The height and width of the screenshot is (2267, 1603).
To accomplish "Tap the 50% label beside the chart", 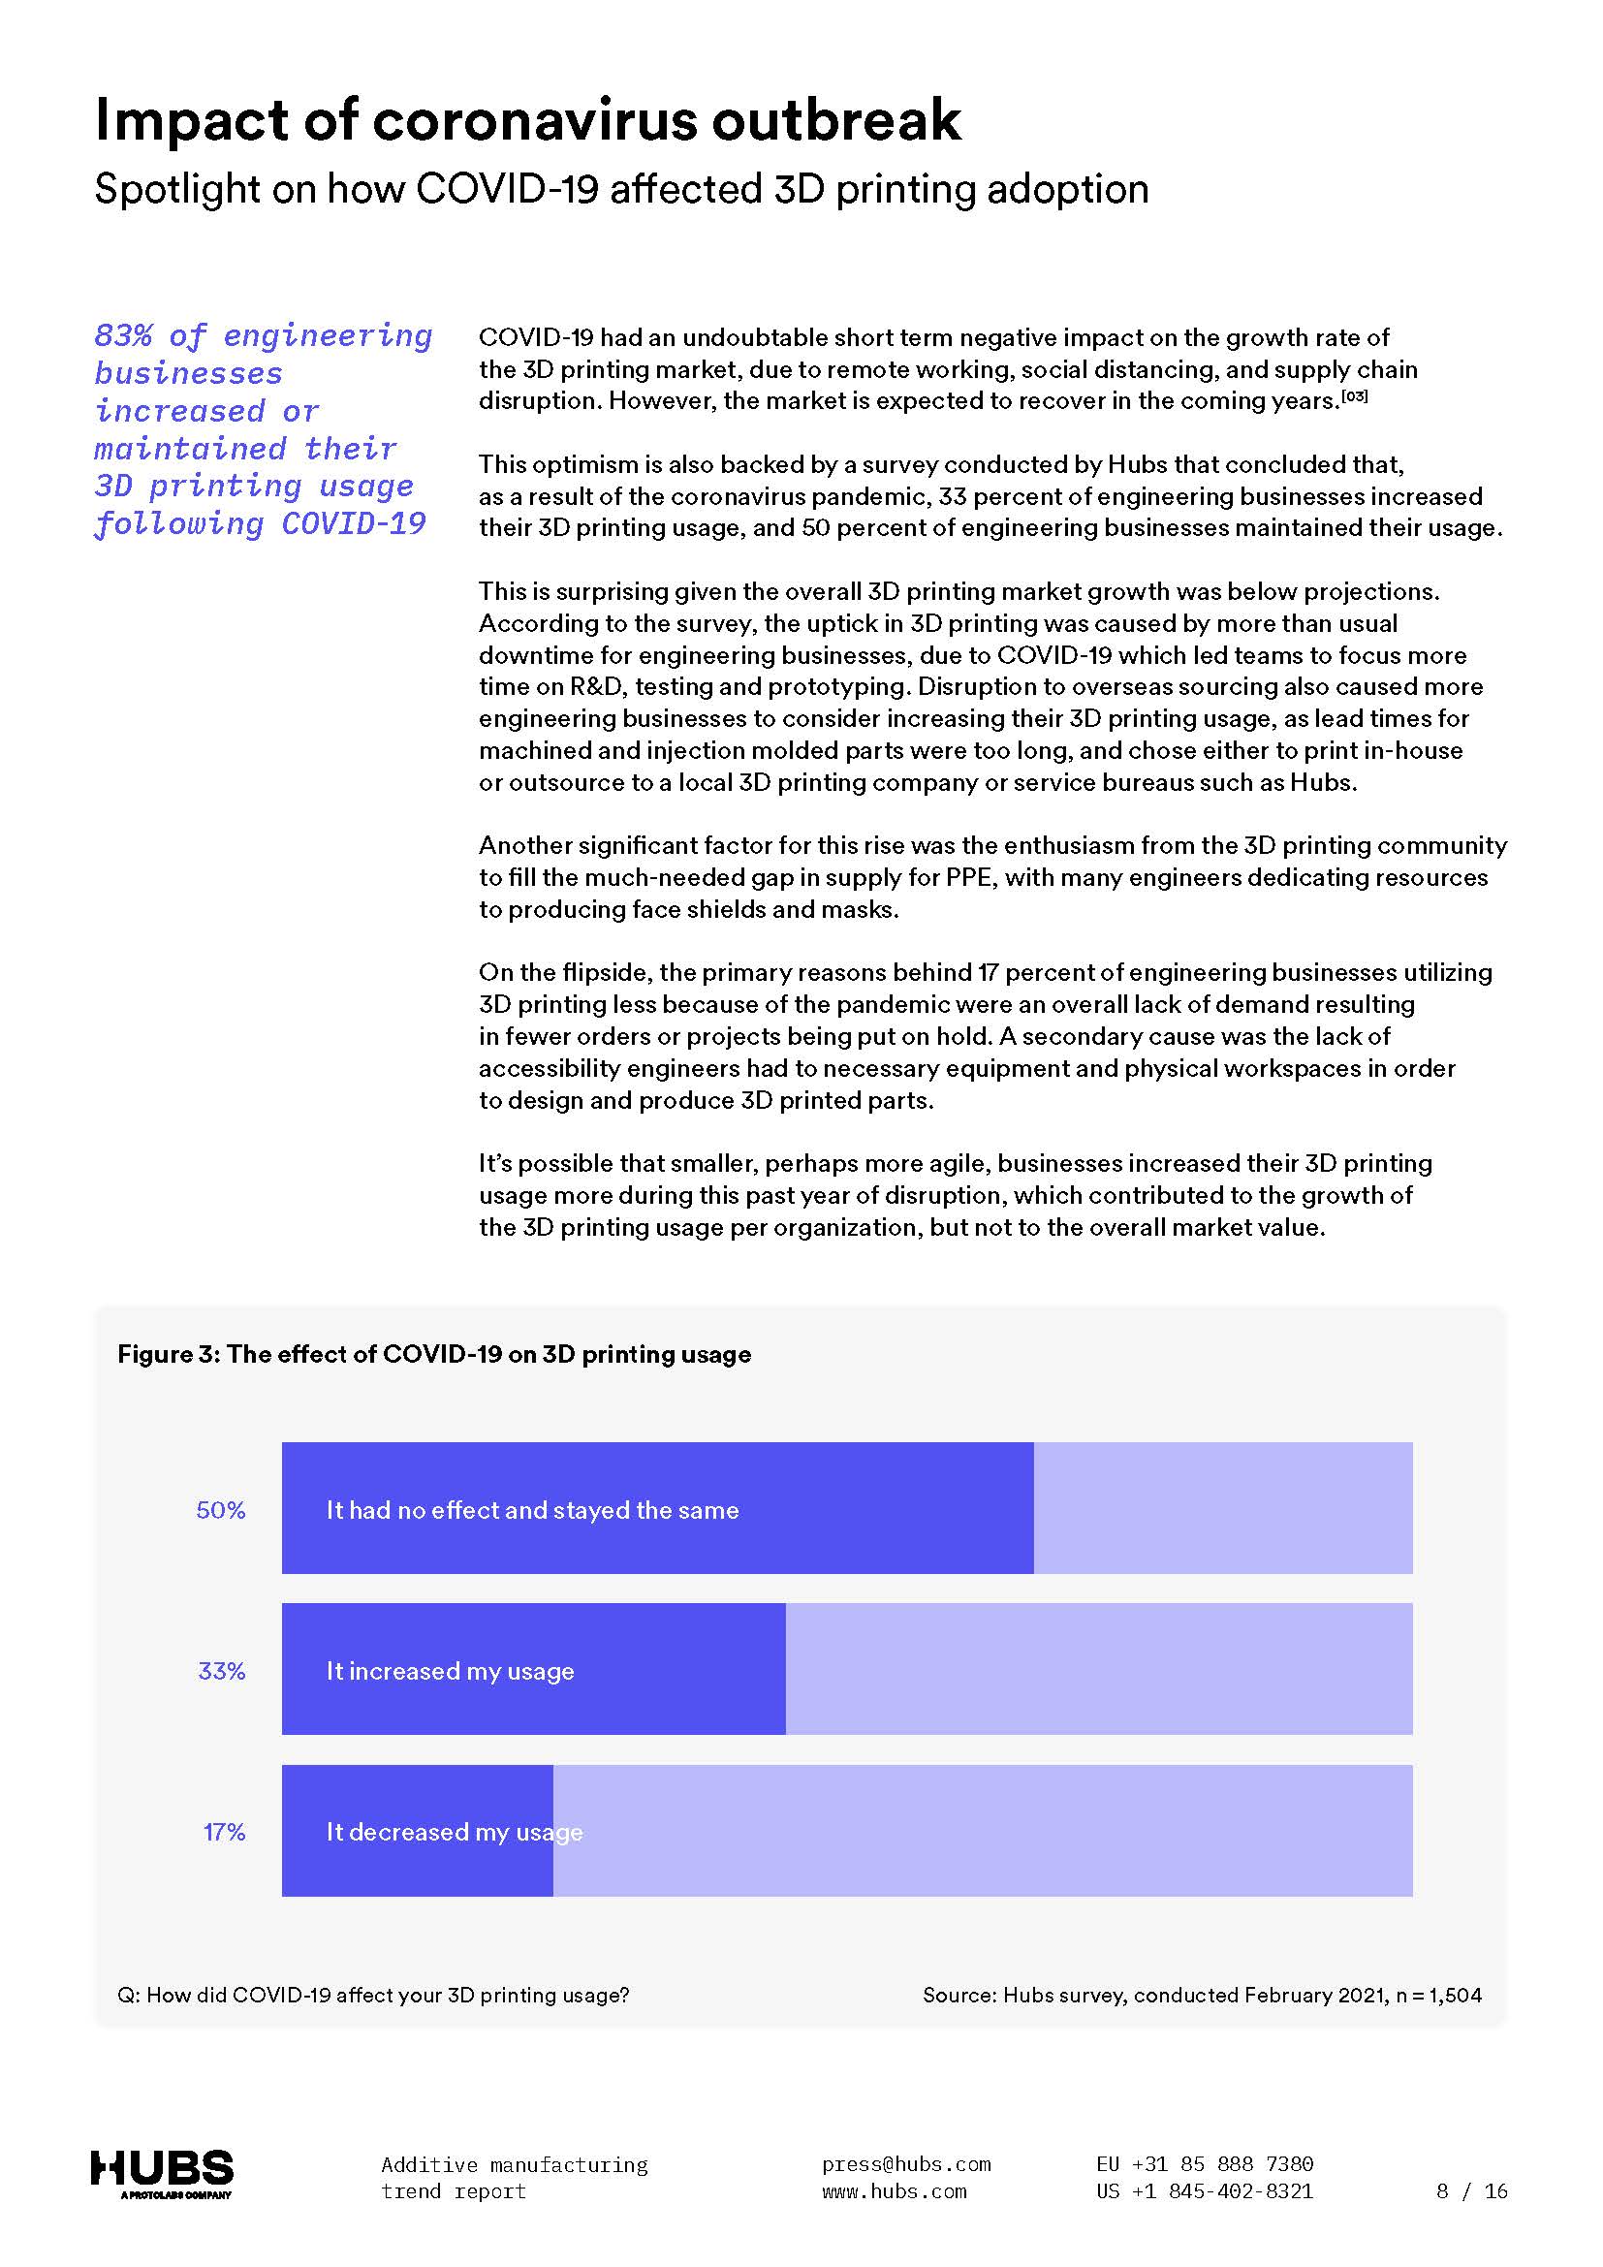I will (x=221, y=1510).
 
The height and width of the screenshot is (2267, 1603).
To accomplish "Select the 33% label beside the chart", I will (x=221, y=1671).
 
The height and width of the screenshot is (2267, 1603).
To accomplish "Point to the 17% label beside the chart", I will (x=224, y=1832).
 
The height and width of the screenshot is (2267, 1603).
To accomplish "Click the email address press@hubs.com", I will (x=905, y=2164).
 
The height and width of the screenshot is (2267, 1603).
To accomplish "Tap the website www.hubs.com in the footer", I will (x=894, y=2192).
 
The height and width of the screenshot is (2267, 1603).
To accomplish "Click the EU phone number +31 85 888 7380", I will (x=1222, y=2164).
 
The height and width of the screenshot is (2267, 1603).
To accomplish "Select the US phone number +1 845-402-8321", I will (x=1222, y=2192).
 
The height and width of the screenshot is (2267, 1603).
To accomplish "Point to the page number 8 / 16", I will (x=1472, y=2192).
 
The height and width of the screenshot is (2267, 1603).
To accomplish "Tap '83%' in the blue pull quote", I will (x=123, y=336).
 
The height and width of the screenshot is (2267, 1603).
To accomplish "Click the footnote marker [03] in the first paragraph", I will (x=1354, y=397).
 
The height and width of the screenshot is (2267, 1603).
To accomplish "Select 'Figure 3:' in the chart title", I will (x=168, y=1354).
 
